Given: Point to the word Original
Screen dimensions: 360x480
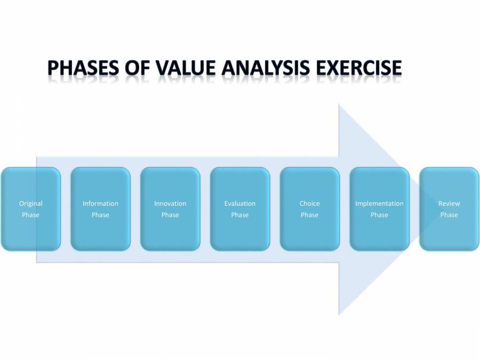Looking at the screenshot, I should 30,203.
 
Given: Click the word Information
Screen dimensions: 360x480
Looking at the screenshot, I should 100,203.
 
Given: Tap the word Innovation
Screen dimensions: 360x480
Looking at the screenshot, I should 170,203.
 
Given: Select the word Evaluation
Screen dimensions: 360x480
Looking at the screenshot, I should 240,203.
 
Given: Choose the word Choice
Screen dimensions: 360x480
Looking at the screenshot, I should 309,203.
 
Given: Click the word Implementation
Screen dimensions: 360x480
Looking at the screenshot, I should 379,203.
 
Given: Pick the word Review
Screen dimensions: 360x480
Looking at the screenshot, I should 449,203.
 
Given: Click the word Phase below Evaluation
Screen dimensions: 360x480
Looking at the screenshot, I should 240,215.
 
